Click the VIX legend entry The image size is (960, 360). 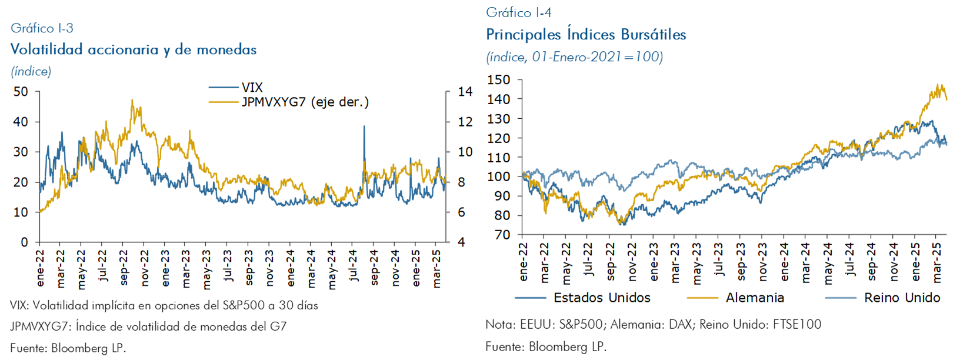point(252,87)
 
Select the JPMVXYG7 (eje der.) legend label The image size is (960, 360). point(305,102)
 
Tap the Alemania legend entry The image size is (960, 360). point(755,298)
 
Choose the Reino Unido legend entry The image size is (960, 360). point(902,298)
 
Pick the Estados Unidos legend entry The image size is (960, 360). point(602,298)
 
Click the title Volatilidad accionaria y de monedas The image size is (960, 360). point(134,49)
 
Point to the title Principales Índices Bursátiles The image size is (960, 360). point(586,35)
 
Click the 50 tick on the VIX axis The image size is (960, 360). point(21,92)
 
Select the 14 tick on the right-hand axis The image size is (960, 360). point(465,92)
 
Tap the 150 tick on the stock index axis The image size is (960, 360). point(498,80)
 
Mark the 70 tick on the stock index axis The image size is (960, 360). point(502,235)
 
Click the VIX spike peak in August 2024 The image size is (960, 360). point(364,126)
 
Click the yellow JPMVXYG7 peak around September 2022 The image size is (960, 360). point(132,100)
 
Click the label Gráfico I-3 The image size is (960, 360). point(42,28)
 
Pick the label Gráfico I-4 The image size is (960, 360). point(518,12)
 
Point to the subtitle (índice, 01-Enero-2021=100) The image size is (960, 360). point(574,57)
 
